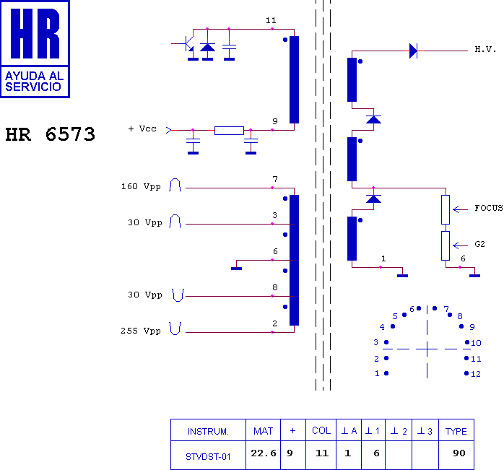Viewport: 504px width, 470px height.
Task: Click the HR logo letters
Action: pos(35,33)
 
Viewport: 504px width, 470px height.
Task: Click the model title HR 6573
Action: pos(51,134)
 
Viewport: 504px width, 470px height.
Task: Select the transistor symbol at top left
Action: pos(186,44)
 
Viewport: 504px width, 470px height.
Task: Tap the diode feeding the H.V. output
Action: pos(413,51)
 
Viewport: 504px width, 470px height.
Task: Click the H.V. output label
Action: pos(485,49)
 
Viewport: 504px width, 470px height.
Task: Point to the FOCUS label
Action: pos(489,208)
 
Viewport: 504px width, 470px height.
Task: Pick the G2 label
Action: pos(479,244)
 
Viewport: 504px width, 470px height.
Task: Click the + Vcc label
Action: pos(142,129)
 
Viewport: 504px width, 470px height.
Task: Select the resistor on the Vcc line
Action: pos(229,131)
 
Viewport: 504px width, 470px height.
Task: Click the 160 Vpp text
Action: pos(141,186)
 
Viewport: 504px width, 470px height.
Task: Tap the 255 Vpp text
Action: pos(141,331)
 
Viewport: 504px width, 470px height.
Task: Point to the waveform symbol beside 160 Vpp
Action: pos(175,185)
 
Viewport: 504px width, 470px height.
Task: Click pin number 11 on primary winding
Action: pos(271,20)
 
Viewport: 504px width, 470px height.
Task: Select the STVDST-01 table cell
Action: pos(208,456)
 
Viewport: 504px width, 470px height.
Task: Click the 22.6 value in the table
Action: pos(264,453)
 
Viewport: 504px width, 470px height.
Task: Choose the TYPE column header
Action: pos(456,431)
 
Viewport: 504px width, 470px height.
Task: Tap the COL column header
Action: pos(321,430)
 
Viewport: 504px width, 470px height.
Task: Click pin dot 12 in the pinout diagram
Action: pos(466,373)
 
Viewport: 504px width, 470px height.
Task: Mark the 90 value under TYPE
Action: pos(459,453)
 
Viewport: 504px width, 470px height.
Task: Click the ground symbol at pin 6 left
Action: pos(236,269)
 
